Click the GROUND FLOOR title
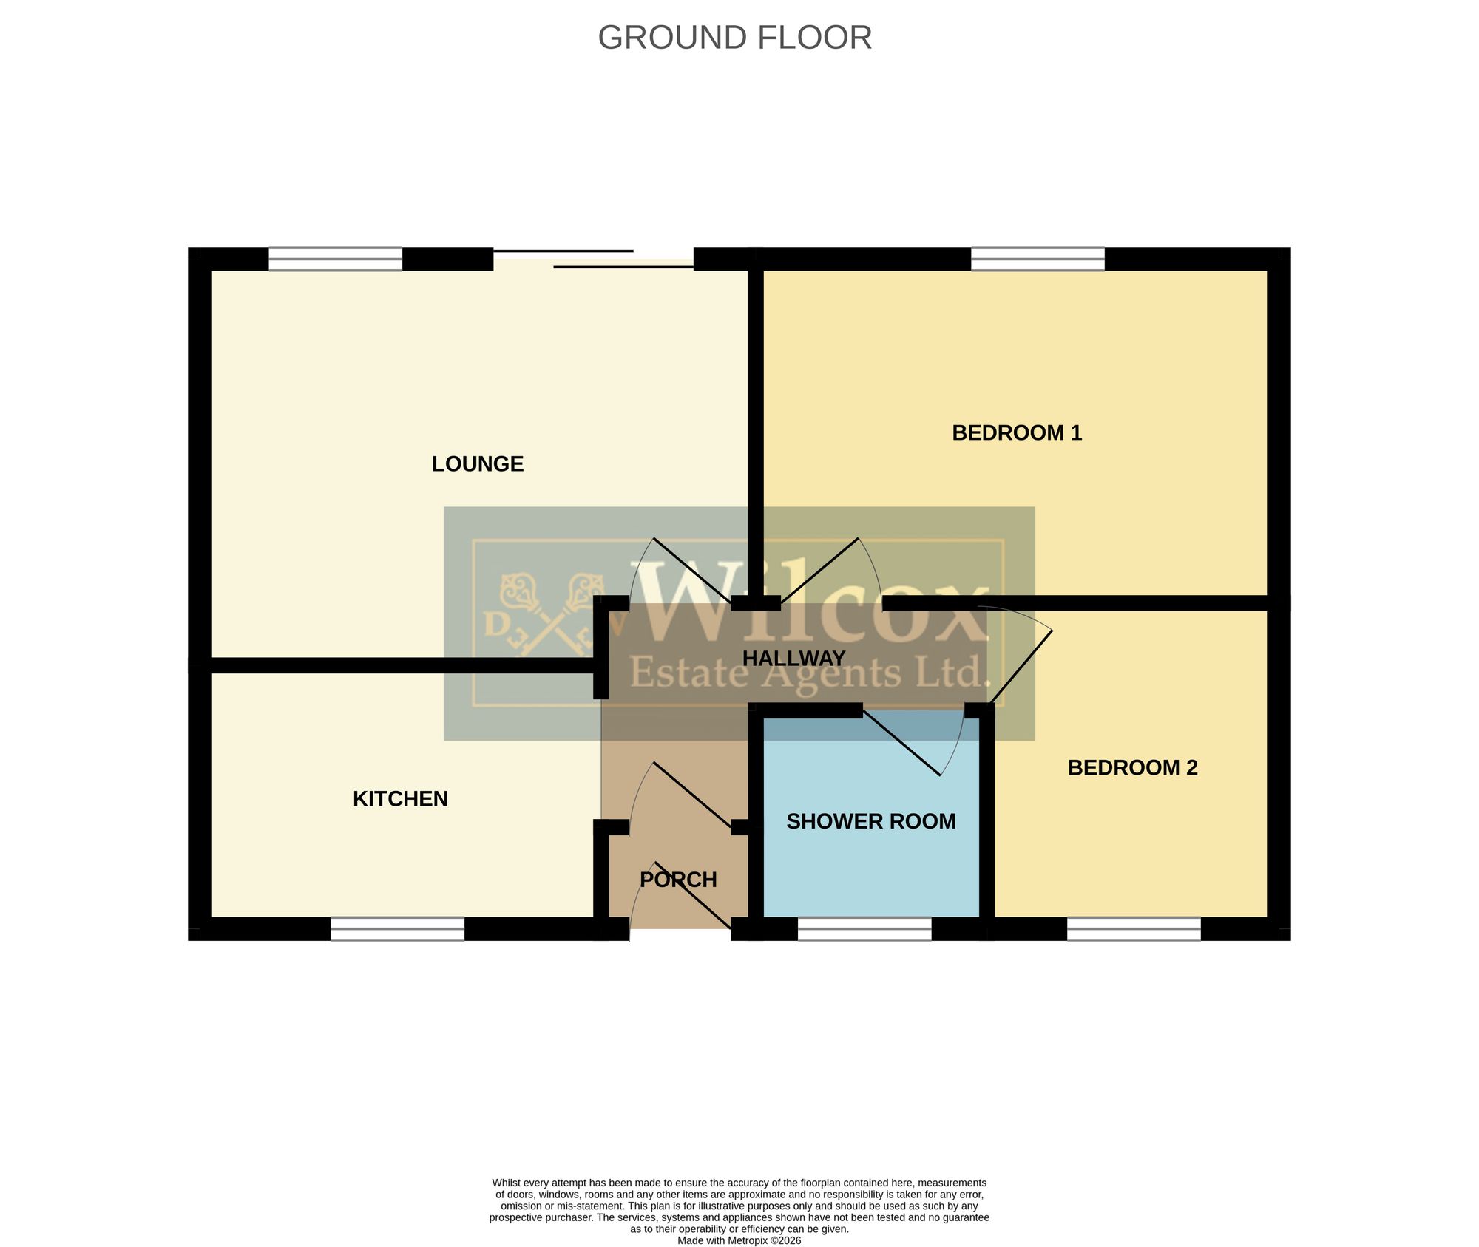[x=734, y=38]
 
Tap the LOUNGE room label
[x=478, y=463]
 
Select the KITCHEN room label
[x=400, y=798]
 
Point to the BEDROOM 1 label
[x=1017, y=432]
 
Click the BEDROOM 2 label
[x=1132, y=767]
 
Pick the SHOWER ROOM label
[x=871, y=821]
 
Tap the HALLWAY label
[x=793, y=658]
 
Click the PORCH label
[x=678, y=880]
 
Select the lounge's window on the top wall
[x=335, y=259]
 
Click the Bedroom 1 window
[x=1038, y=259]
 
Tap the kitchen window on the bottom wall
[x=397, y=928]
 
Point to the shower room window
[x=864, y=928]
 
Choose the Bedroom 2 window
[x=1134, y=928]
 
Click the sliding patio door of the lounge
[x=593, y=259]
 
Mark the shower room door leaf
[x=901, y=743]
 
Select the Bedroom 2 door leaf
[x=1021, y=667]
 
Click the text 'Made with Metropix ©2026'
[x=739, y=1240]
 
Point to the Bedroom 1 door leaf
[x=819, y=571]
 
